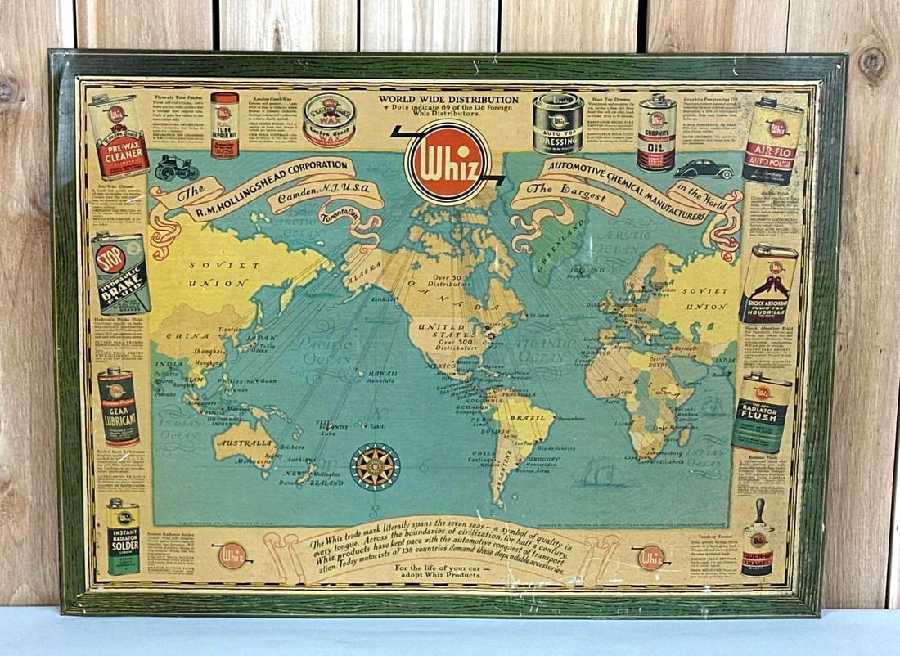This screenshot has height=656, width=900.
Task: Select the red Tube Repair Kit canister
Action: click(x=224, y=124)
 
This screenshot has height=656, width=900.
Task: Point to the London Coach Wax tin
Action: click(x=329, y=119)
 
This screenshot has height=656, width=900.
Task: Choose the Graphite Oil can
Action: click(x=657, y=131)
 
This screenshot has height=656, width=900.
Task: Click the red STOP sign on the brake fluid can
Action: click(x=111, y=258)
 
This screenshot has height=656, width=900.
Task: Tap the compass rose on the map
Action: click(x=375, y=466)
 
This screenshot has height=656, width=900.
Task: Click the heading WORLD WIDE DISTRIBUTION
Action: click(x=448, y=100)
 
